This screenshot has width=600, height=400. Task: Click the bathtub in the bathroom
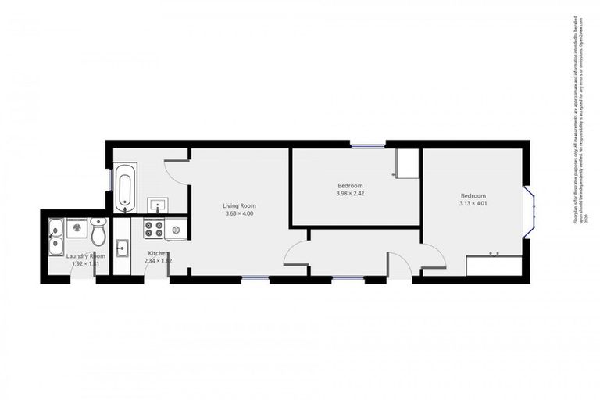point(126,187)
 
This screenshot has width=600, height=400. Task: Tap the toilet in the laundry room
point(98,231)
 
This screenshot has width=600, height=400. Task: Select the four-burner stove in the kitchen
point(152,229)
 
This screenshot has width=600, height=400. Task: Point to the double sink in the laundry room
point(55,237)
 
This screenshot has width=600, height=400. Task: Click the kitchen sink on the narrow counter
point(122,249)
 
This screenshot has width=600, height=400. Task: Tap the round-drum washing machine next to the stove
point(175,229)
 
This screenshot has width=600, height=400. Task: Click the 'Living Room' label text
point(239,205)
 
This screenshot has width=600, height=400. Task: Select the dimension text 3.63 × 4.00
point(239,213)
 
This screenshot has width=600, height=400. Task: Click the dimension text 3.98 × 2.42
point(351,193)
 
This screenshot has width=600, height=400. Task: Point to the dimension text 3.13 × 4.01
point(473,203)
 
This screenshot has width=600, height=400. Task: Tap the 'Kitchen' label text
point(159,253)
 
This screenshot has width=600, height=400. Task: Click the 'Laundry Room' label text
point(85,255)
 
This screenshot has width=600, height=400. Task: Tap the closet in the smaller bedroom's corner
point(407,163)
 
